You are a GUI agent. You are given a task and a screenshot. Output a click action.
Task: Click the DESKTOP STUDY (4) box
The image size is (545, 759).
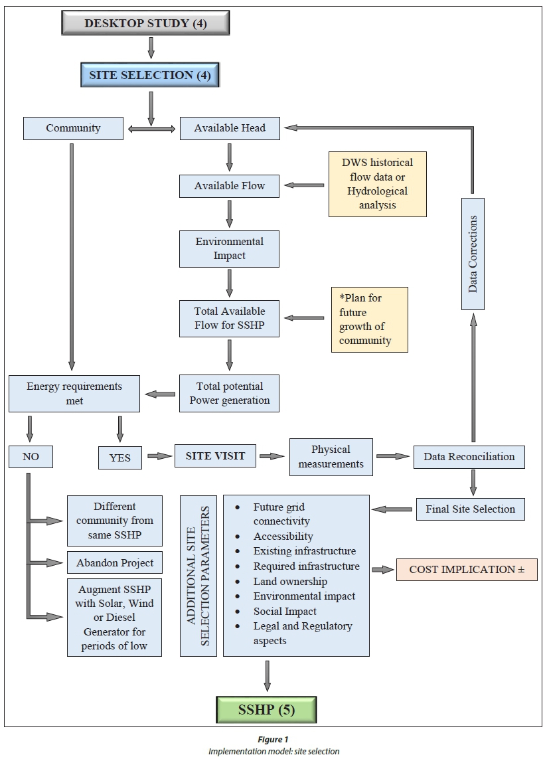click(145, 24)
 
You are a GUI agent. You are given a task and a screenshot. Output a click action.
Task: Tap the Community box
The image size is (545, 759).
click(73, 128)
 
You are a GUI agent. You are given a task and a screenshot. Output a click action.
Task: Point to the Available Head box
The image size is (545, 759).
click(230, 128)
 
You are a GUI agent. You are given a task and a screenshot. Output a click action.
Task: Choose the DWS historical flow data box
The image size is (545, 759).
click(377, 184)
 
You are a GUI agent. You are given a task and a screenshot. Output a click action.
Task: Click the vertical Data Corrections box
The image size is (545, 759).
click(473, 254)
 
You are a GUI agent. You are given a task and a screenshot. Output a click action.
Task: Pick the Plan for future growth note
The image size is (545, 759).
click(369, 319)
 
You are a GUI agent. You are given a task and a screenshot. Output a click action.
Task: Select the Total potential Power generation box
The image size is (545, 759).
click(230, 393)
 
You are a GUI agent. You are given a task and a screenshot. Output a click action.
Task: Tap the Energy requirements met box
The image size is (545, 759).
click(74, 393)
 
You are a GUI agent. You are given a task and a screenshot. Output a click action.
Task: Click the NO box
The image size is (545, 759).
click(31, 457)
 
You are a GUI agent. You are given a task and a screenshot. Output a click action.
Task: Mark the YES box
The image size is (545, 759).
click(119, 458)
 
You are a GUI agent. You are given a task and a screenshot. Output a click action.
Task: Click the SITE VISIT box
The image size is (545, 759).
click(216, 456)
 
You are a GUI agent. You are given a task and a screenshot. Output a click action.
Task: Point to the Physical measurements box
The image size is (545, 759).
click(331, 457)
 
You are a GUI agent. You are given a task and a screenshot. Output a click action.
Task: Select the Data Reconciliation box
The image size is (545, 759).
click(469, 457)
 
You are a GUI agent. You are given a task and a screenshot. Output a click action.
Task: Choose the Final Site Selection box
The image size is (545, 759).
click(471, 509)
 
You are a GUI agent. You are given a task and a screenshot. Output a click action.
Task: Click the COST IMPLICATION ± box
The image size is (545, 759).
click(466, 570)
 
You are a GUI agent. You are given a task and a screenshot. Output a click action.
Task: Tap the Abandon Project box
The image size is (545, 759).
click(114, 563)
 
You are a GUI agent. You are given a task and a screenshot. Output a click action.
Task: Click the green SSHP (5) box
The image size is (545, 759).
click(266, 710)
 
